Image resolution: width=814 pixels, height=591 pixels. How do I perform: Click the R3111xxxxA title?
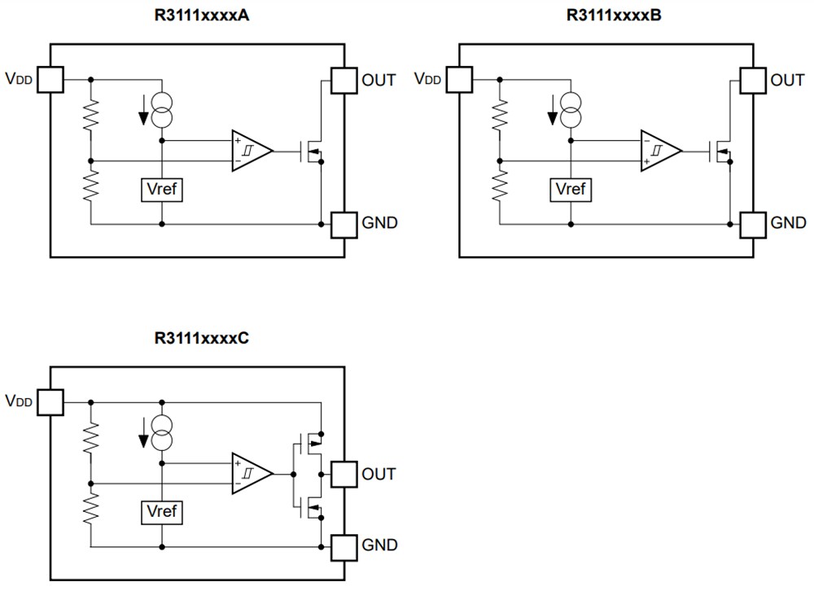point(202,15)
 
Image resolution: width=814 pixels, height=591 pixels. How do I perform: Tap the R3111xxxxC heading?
point(201,338)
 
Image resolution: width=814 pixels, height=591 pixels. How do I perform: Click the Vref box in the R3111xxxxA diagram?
point(162,190)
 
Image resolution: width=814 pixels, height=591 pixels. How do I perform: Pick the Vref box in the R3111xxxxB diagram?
point(571,190)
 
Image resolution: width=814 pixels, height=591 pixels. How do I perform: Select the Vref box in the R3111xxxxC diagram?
point(162,513)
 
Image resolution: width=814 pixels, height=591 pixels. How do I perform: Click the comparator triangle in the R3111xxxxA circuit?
point(249,151)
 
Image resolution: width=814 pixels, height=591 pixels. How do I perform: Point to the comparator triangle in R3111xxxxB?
point(658,151)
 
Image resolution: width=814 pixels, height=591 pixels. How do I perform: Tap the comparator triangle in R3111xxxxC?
point(249,474)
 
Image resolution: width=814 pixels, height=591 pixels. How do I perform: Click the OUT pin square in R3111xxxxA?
point(344,80)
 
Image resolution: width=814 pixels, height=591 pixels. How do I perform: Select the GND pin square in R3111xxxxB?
point(752,223)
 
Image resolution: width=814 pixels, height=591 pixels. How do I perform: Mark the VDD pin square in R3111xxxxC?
point(50,402)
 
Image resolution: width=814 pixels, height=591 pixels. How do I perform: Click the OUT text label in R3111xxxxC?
point(379,474)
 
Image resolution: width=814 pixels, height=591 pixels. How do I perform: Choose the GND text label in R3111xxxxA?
point(379,223)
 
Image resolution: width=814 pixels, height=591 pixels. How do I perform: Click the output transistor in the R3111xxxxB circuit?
point(723,151)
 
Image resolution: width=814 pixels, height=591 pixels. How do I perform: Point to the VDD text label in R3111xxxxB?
point(427,80)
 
